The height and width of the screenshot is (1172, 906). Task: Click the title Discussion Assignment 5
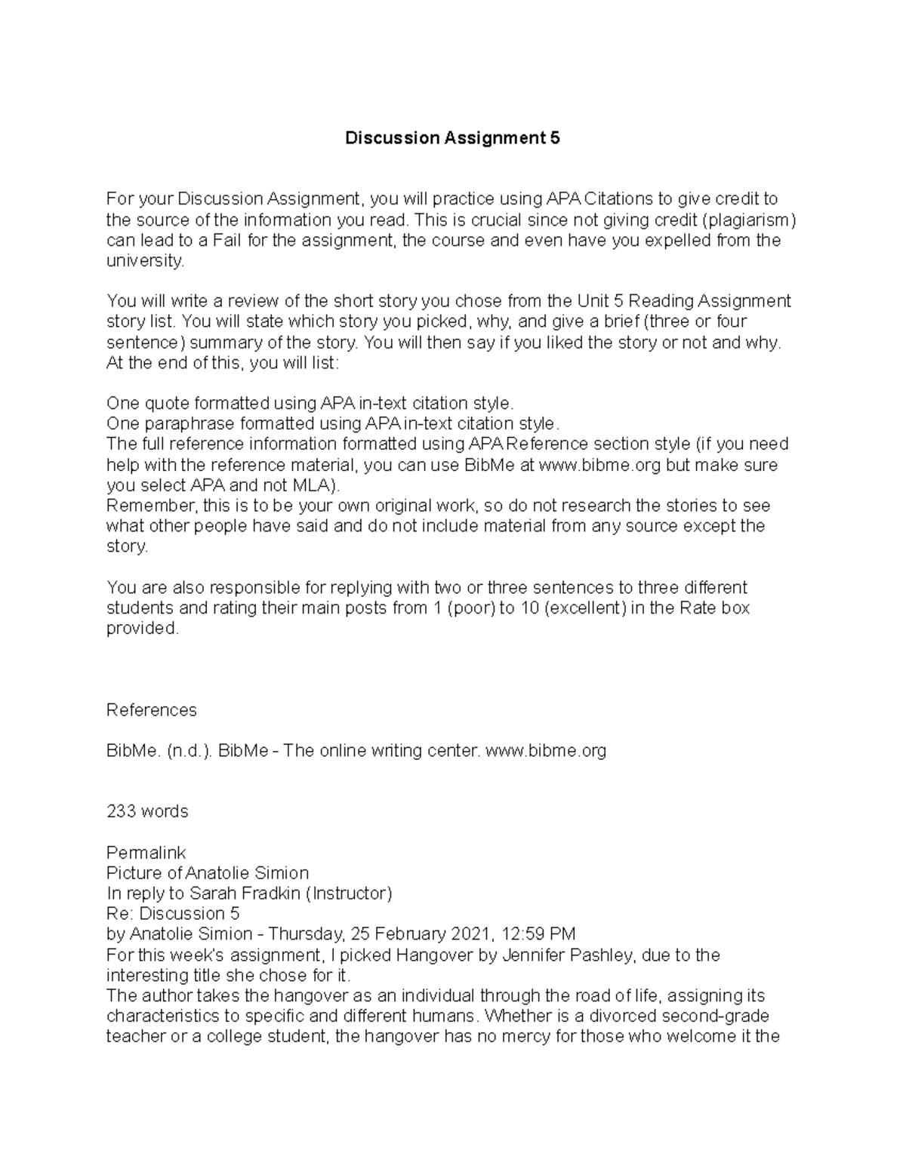pos(452,138)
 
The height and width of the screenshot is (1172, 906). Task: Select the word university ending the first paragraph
pos(143,261)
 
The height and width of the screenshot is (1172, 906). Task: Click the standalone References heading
pos(151,710)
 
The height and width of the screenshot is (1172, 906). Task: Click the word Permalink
pos(146,853)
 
